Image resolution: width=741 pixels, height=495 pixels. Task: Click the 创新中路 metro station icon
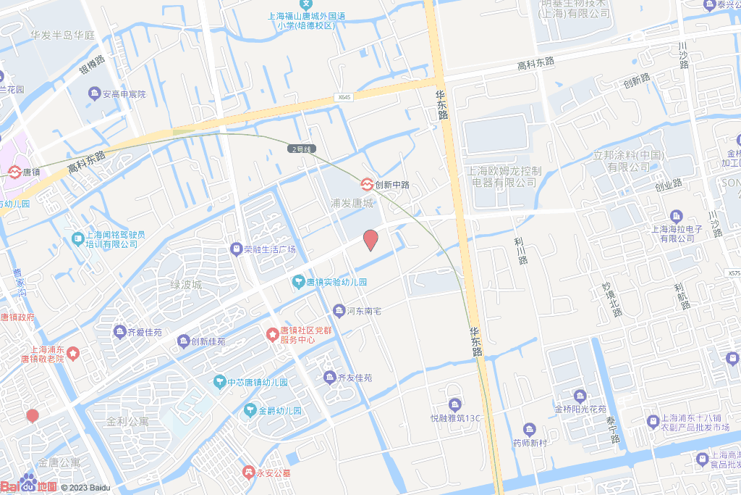click(x=368, y=184)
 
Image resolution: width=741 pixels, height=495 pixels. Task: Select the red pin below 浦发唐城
click(x=370, y=239)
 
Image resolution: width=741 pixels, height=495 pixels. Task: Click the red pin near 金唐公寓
click(x=32, y=416)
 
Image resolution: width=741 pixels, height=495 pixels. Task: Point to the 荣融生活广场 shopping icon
click(x=236, y=249)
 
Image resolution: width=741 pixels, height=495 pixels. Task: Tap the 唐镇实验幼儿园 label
click(x=336, y=282)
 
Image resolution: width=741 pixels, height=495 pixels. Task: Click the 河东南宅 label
click(x=364, y=311)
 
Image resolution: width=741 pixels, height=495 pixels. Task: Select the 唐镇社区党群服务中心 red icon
click(x=272, y=334)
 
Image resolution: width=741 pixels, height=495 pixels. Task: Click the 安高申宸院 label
click(x=124, y=94)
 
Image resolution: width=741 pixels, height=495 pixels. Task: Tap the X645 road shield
click(x=344, y=97)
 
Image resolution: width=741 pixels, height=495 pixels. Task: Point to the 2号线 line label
click(x=301, y=149)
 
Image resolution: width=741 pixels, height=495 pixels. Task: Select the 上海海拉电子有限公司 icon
click(x=677, y=216)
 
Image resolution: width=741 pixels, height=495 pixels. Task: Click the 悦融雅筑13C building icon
click(x=454, y=404)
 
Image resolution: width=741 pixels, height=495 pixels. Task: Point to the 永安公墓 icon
click(x=249, y=472)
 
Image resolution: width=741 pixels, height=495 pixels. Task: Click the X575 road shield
click(x=732, y=273)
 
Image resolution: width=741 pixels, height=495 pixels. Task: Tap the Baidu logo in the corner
click(x=29, y=485)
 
